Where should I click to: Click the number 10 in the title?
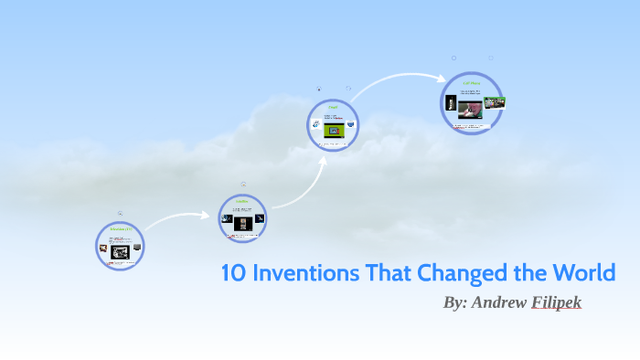[x=233, y=272]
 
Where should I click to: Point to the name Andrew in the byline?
[x=499, y=302]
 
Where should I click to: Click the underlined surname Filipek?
[x=557, y=302]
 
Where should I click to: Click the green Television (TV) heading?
[x=121, y=228]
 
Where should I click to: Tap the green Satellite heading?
[x=242, y=201]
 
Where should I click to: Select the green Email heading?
[x=333, y=107]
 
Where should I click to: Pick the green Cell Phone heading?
[x=472, y=82]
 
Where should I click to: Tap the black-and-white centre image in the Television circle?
[x=120, y=250]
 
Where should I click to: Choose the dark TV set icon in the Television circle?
[x=137, y=247]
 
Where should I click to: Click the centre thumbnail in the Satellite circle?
[x=242, y=223]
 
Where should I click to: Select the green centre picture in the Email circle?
[x=335, y=131]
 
